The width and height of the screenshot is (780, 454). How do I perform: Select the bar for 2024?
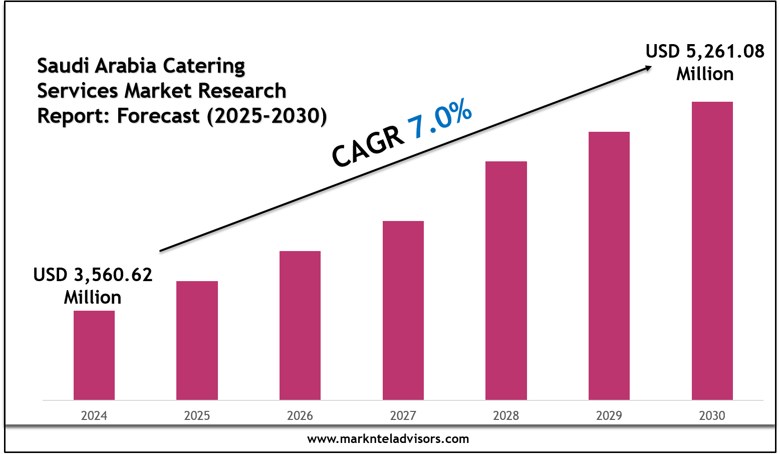[94, 355]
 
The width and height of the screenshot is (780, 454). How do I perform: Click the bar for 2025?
[197, 340]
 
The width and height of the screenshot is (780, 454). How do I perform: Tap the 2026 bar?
[300, 325]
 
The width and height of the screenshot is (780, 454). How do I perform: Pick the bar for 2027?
[403, 310]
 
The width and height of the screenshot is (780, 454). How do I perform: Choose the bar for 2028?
[506, 281]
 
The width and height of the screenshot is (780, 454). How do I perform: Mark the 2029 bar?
[609, 266]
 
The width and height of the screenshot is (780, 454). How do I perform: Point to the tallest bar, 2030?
[712, 251]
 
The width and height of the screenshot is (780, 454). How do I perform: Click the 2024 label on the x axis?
[94, 415]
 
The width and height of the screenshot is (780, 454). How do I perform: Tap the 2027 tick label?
[403, 415]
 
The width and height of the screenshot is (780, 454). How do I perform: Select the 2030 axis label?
[712, 415]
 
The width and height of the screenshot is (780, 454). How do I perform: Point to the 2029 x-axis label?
[609, 415]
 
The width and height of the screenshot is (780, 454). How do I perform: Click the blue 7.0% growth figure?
[440, 118]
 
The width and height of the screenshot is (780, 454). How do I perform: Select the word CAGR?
[368, 147]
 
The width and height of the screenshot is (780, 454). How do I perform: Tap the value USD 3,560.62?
[93, 275]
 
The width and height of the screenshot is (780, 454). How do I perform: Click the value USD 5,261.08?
[705, 51]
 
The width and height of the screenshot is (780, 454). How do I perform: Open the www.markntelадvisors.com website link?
[388, 439]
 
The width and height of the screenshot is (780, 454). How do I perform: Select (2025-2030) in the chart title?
[267, 116]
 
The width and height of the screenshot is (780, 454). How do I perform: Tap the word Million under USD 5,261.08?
[705, 74]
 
